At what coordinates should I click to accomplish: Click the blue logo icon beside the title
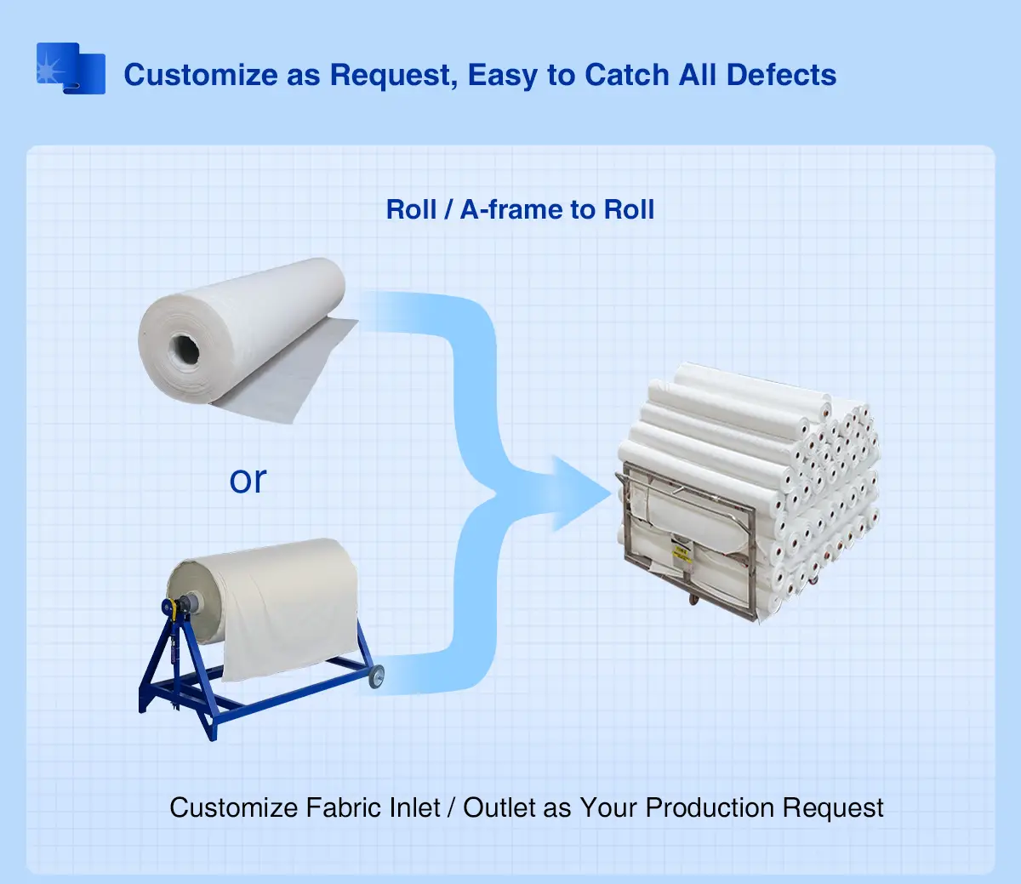(x=71, y=69)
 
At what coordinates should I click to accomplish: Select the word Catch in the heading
(x=625, y=75)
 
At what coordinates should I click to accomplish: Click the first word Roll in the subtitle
(x=411, y=209)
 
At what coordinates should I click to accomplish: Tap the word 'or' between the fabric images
(x=248, y=480)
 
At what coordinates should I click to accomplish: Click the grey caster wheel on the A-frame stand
(x=375, y=676)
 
